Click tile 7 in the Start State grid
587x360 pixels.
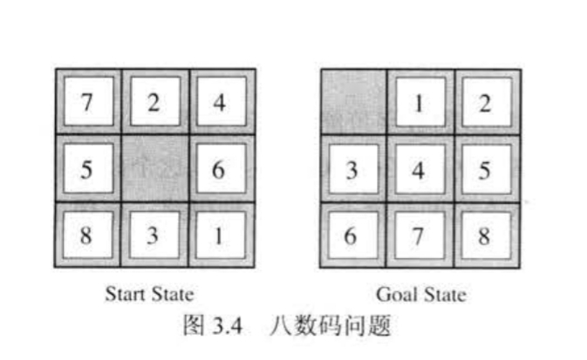pos(89,102)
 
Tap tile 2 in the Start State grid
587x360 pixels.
pos(154,102)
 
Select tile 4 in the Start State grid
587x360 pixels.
pos(220,102)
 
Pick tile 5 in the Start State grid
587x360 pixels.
pos(89,168)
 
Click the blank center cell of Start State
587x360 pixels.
pos(154,168)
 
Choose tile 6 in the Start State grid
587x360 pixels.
pos(220,168)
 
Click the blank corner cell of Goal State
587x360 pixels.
pos(353,102)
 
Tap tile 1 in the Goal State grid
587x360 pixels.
pos(420,102)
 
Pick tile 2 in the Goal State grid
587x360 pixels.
pos(485,102)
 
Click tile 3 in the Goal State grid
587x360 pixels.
pos(353,168)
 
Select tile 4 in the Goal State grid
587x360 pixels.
pos(420,168)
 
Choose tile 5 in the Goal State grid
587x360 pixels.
pos(485,168)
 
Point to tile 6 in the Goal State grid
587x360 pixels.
pos(353,235)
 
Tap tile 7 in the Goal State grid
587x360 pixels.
pos(420,235)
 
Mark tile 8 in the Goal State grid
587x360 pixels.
pos(485,235)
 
